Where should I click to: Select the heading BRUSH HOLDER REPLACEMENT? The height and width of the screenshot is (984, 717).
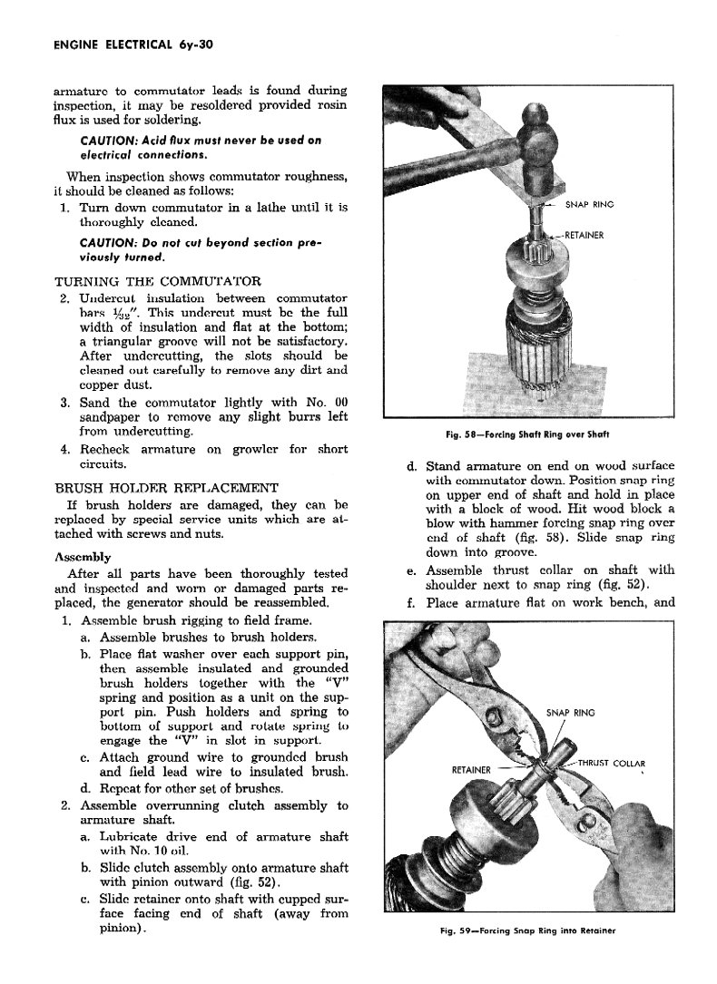coord(166,487)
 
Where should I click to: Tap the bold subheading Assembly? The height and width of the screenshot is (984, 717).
coord(83,557)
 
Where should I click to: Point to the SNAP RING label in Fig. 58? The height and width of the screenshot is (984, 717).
coord(589,204)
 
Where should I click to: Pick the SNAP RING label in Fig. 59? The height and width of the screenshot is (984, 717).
coord(570,712)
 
